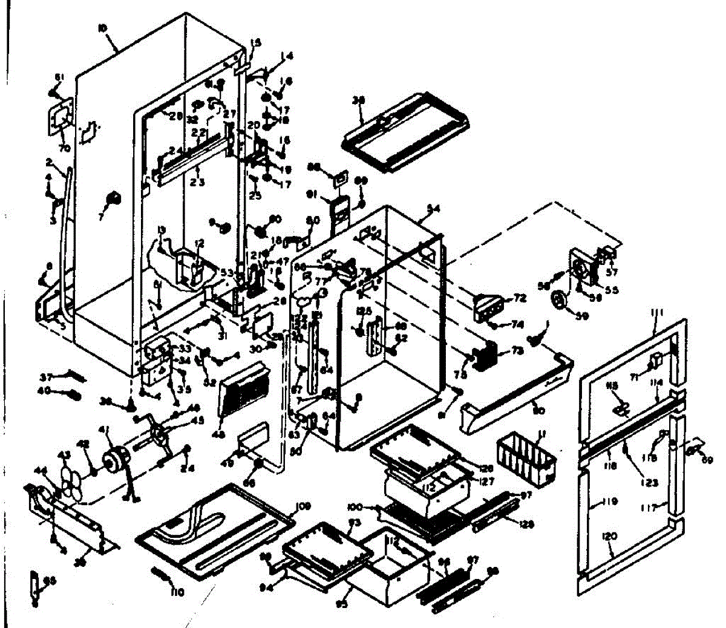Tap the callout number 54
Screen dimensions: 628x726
pyautogui.click(x=433, y=208)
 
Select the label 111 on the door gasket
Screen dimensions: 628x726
pyautogui.click(x=658, y=312)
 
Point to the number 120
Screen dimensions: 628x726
pyautogui.click(x=610, y=536)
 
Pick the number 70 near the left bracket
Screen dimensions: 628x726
pyautogui.click(x=64, y=148)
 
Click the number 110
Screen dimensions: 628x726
pyautogui.click(x=177, y=592)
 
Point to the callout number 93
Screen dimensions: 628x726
pyautogui.click(x=355, y=522)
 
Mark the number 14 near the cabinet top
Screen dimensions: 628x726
pyautogui.click(x=287, y=56)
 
